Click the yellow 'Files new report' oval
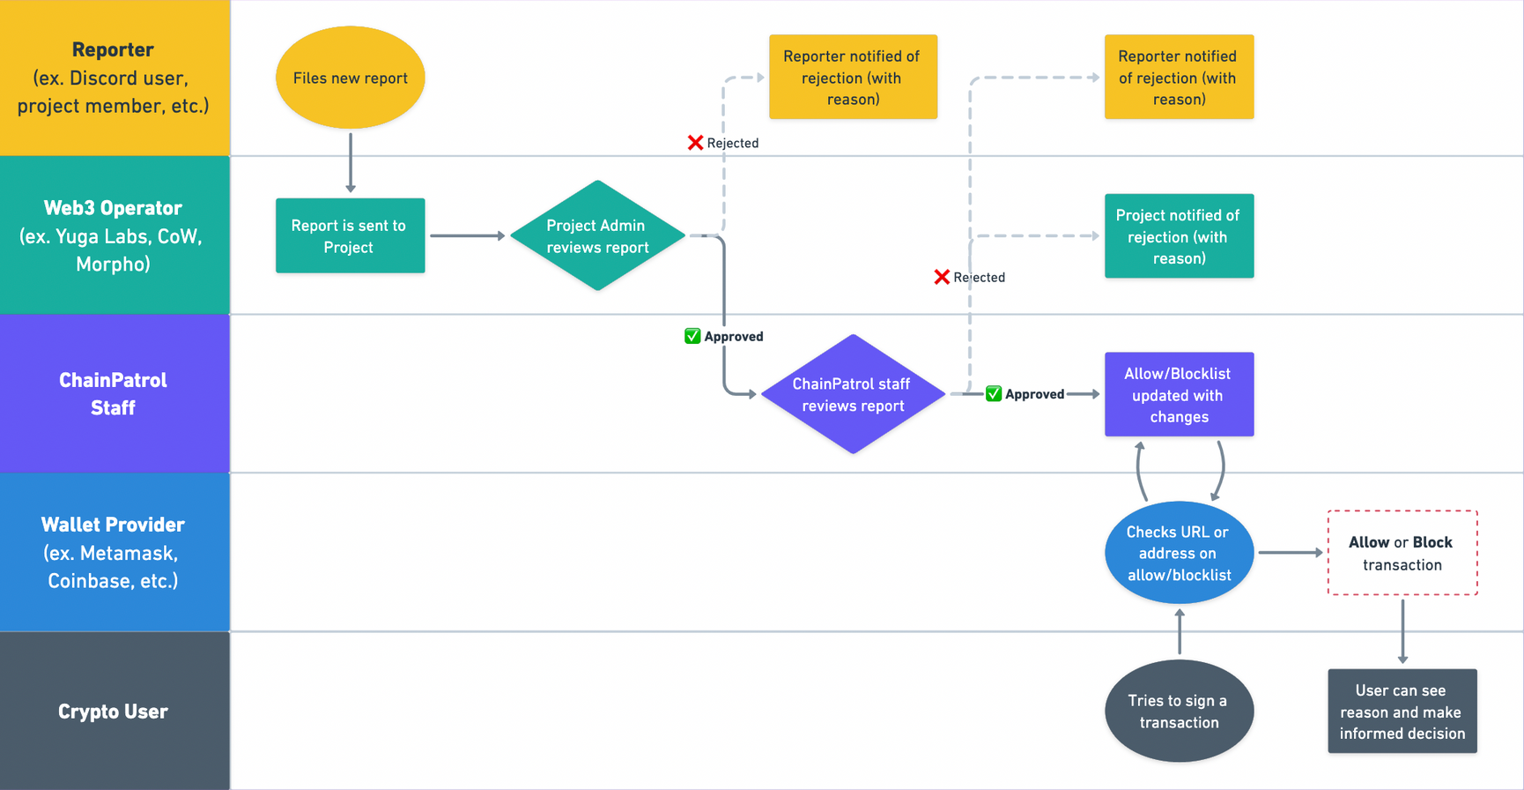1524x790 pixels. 350,78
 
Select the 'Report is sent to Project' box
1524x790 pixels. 350,235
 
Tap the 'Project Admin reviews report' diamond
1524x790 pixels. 597,235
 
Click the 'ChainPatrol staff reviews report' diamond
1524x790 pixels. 852,394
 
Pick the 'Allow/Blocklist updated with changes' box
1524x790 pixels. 1179,394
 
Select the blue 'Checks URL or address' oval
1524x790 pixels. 1179,553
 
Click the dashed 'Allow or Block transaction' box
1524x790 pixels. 1402,553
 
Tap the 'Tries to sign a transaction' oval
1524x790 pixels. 1179,711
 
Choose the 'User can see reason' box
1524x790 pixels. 1402,711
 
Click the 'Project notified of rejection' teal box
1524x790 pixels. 1179,235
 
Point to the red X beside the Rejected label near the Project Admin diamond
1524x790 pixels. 695,143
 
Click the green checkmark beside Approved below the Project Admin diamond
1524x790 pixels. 692,336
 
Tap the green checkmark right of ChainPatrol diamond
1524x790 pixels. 994,394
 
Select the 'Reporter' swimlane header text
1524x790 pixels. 113,50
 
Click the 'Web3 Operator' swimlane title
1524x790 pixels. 113,208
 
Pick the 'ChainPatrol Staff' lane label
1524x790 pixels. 113,393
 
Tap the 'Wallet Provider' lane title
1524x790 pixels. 113,525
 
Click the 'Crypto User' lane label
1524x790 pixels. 113,712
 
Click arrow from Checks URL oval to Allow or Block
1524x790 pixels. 1290,553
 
